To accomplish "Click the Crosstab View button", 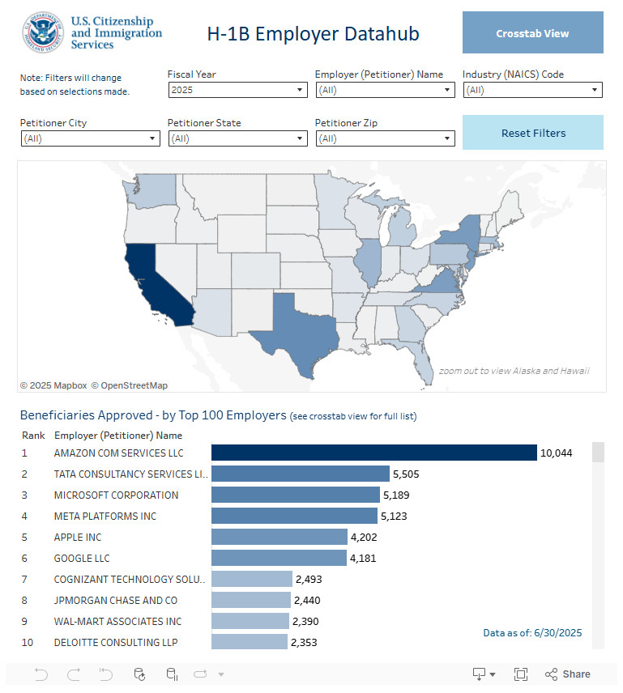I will tap(532, 33).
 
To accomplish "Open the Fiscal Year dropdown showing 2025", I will tap(237, 91).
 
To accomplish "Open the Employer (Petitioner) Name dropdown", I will tap(385, 91).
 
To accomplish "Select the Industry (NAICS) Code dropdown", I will tap(532, 91).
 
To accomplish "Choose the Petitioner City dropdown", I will tap(90, 139).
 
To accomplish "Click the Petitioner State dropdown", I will tap(237, 139).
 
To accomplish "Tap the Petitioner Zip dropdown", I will tap(385, 139).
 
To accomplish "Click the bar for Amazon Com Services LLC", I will tap(373, 453).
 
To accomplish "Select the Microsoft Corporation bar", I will tap(295, 495).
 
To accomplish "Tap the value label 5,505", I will tap(406, 474).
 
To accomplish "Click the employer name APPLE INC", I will tap(78, 537).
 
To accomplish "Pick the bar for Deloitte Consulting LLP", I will tap(250, 642).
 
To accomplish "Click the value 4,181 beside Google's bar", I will tap(363, 558).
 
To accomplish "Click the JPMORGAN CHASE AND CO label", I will tap(116, 600).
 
